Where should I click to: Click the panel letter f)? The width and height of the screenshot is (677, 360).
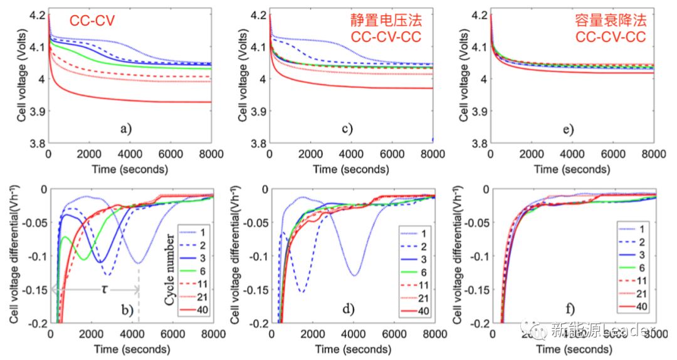[x=567, y=308]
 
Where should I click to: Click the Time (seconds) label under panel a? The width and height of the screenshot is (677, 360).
[x=130, y=169]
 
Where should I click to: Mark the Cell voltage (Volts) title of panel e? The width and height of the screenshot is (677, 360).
[x=464, y=77]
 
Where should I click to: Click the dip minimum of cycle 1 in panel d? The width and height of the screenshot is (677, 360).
[x=355, y=275]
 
